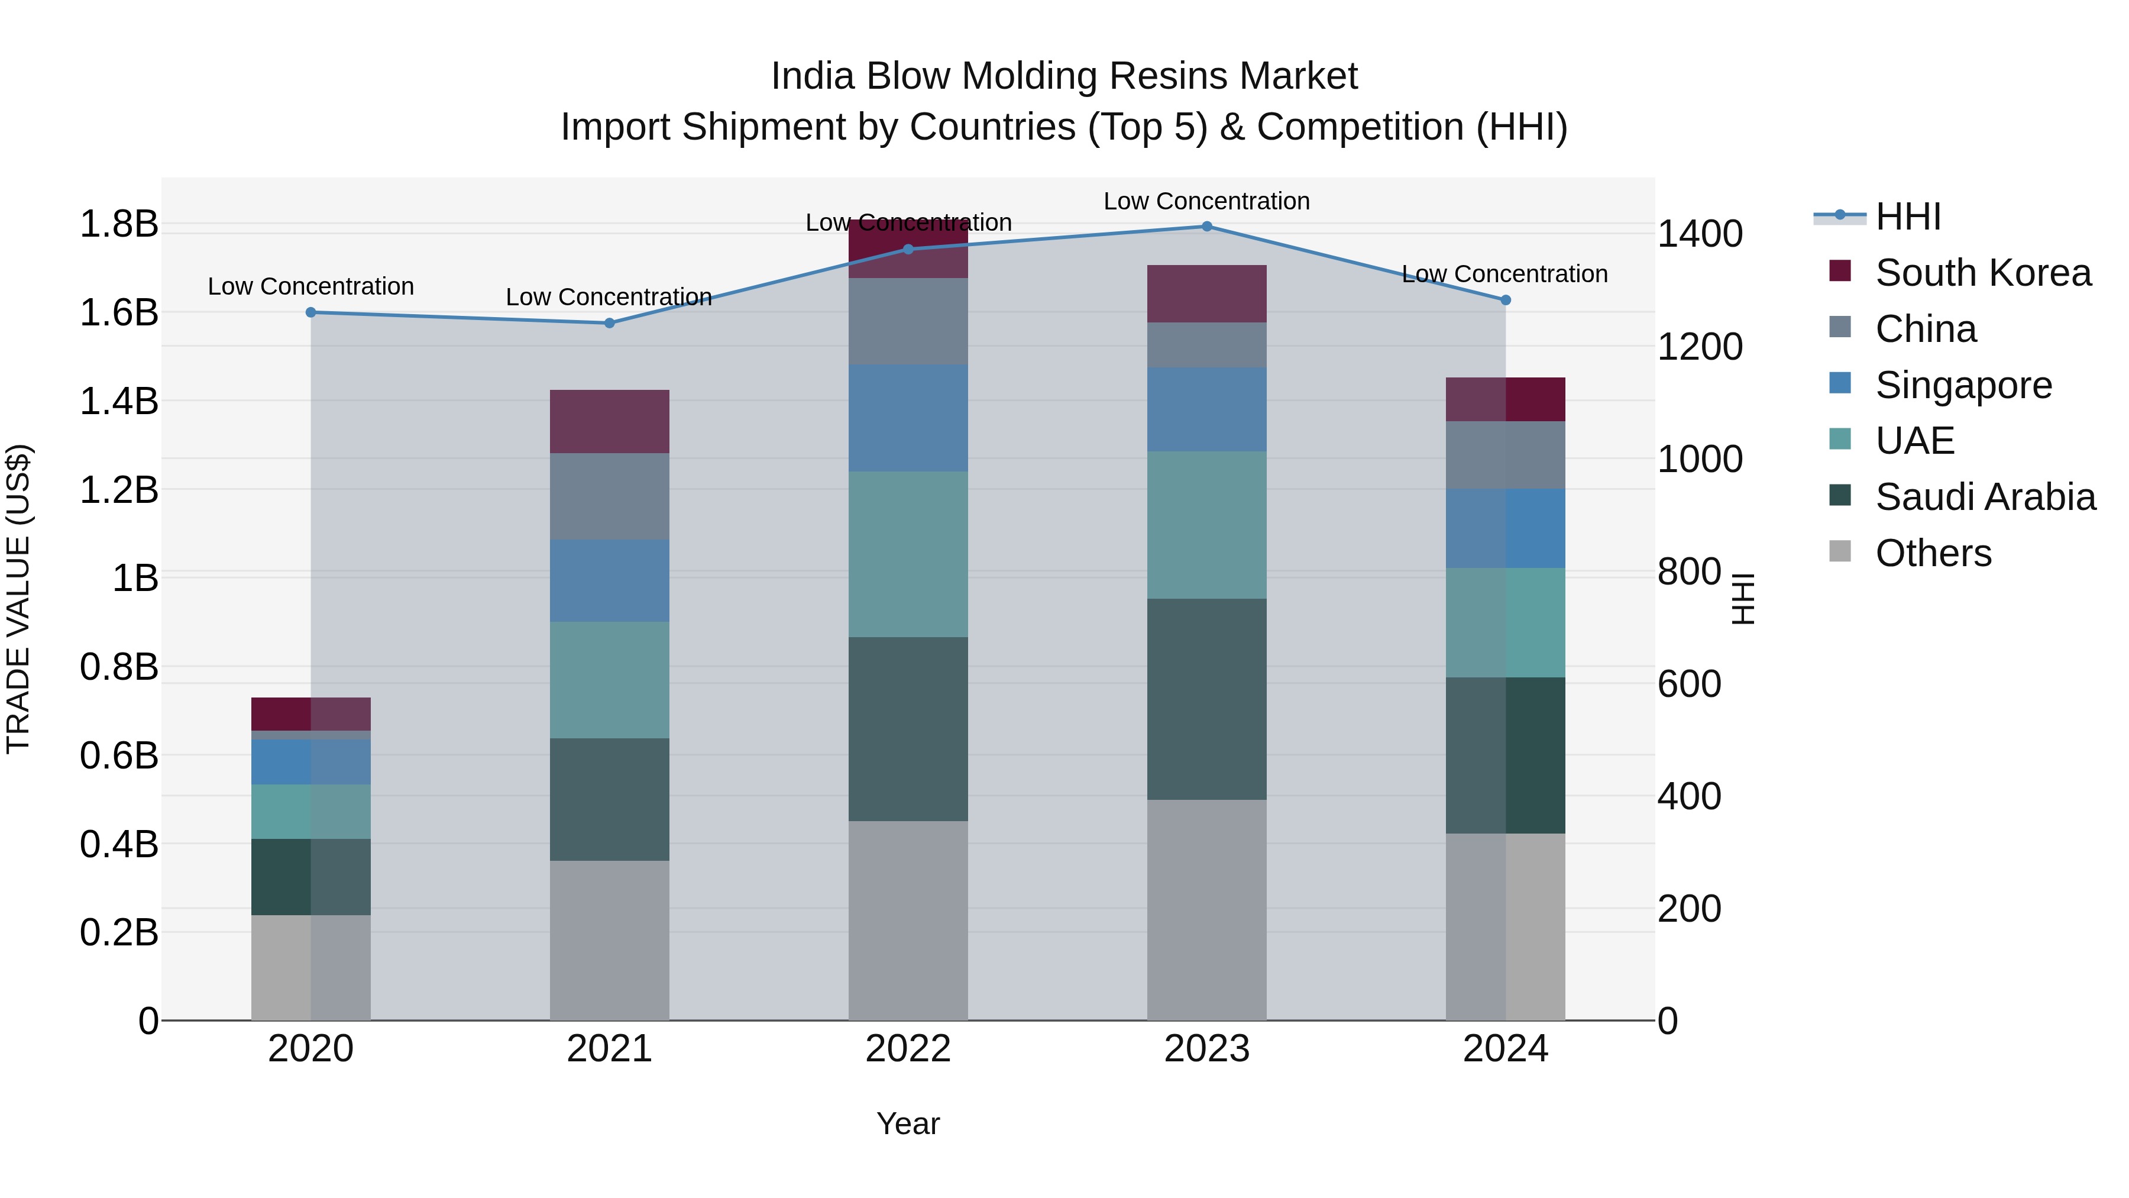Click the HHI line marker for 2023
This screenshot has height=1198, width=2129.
point(1206,227)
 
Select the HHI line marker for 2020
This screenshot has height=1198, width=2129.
point(310,312)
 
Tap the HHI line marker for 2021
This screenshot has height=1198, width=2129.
point(609,323)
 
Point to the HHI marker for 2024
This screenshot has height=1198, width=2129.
point(1505,300)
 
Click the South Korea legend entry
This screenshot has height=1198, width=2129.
point(1982,273)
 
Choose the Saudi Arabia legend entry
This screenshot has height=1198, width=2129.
point(1984,497)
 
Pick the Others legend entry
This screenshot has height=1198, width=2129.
point(1932,553)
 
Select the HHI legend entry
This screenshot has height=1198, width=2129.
point(1907,217)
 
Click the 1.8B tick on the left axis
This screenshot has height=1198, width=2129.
point(118,224)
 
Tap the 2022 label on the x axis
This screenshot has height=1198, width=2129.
point(907,1049)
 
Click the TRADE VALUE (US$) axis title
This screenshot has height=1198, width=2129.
point(18,599)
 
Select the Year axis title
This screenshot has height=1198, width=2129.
point(907,1123)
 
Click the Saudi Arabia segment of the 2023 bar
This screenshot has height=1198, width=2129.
point(1206,699)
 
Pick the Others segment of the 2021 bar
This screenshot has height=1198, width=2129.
point(609,940)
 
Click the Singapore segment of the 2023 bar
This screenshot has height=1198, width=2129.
point(1206,409)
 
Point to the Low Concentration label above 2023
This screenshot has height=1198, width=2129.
point(1206,201)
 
